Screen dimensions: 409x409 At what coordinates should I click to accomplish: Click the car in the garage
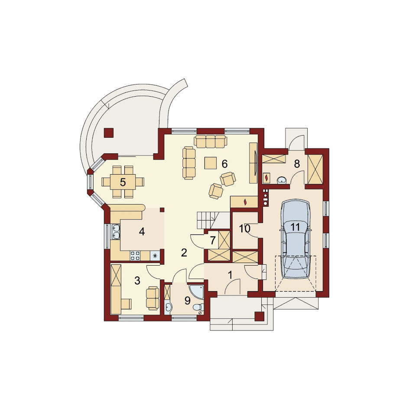(x=295, y=239)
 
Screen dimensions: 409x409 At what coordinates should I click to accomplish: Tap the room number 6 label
(x=224, y=164)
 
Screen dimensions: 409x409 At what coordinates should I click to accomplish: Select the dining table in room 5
(x=123, y=182)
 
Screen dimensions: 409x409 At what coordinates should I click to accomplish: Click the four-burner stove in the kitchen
(x=135, y=255)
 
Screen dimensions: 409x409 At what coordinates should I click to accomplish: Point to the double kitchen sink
(x=116, y=232)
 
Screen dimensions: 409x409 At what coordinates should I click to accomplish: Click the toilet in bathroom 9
(x=199, y=307)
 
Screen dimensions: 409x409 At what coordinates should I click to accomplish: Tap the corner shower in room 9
(x=196, y=291)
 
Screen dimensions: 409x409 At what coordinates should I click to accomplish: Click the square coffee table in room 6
(x=211, y=163)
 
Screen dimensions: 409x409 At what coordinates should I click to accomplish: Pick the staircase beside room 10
(x=210, y=221)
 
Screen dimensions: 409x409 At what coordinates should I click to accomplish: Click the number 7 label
(x=213, y=240)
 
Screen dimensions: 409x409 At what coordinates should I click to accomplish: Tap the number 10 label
(x=245, y=229)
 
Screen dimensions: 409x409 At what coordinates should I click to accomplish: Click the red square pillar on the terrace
(x=108, y=133)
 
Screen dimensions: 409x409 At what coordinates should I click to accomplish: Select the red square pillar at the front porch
(x=259, y=316)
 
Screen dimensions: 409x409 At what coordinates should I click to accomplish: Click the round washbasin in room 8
(x=282, y=180)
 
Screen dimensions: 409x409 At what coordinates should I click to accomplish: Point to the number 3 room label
(x=137, y=281)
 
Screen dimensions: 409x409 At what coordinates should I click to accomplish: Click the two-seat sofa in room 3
(x=153, y=298)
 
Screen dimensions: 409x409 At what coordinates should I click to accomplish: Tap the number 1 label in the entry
(x=230, y=275)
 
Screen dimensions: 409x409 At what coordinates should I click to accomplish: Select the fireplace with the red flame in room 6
(x=244, y=201)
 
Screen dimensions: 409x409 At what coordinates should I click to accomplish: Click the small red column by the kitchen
(x=162, y=209)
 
